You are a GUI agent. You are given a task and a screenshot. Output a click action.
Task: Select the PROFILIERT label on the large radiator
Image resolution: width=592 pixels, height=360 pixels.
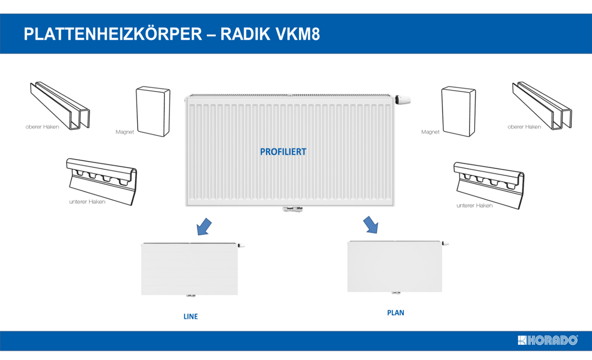click(x=283, y=152)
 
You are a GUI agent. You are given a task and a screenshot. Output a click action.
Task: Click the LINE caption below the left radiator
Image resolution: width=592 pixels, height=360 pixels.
click(x=191, y=317)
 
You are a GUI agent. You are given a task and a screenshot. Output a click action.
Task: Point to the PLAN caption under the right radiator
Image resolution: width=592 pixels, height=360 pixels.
click(x=396, y=312)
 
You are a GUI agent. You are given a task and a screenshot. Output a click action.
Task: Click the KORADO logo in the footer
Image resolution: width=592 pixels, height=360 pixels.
click(x=547, y=340)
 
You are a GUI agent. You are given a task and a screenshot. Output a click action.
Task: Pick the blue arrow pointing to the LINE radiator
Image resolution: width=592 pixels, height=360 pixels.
click(x=203, y=227)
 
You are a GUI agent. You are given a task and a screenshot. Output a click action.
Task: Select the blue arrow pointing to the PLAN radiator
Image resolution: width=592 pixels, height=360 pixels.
click(x=371, y=224)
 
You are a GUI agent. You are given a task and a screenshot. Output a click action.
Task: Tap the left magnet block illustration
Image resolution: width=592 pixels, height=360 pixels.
click(x=153, y=111)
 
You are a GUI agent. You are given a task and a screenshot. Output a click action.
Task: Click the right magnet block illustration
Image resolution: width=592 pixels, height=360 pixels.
click(x=458, y=111)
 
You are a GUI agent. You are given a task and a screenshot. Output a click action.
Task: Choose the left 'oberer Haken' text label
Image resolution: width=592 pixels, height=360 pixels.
click(x=42, y=127)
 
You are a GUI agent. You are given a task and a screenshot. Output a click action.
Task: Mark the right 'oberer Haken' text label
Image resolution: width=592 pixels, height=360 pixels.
click(x=524, y=127)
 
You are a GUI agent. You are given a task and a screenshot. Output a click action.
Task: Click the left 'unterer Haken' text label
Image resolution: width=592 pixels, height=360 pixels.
click(x=87, y=202)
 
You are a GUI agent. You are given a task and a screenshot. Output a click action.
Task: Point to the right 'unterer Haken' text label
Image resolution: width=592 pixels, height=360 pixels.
click(x=474, y=205)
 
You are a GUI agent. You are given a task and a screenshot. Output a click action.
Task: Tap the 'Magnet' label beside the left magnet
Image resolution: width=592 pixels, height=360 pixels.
click(x=124, y=132)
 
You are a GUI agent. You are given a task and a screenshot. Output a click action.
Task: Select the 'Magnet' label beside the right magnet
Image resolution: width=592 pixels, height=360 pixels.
click(x=430, y=132)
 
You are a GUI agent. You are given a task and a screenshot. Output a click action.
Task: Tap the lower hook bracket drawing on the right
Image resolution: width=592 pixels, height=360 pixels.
click(x=489, y=182)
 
